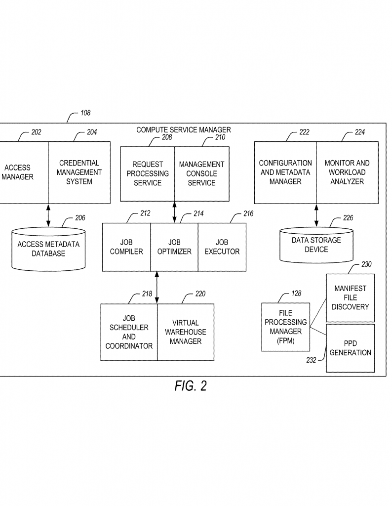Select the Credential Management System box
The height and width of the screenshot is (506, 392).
pyautogui.click(x=79, y=172)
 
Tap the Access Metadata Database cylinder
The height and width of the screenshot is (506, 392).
pyautogui.click(x=48, y=249)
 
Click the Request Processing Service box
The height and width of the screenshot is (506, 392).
pyautogui.click(x=148, y=173)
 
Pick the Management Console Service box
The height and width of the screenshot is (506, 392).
pyautogui.click(x=201, y=173)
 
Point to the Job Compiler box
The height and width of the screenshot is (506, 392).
pyautogui.click(x=126, y=247)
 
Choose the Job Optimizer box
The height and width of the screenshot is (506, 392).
pyautogui.click(x=174, y=247)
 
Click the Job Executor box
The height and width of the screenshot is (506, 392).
pyautogui.click(x=222, y=247)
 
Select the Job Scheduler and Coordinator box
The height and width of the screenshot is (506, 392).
pyautogui.click(x=129, y=332)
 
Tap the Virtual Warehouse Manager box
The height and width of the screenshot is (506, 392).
pyautogui.click(x=186, y=332)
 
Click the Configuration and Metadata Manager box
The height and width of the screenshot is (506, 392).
pyautogui.click(x=285, y=172)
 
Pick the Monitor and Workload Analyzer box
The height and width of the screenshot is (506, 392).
pyautogui.click(x=347, y=172)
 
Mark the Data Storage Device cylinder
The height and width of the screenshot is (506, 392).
pyautogui.click(x=316, y=245)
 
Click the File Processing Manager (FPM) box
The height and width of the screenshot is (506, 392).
pyautogui.click(x=285, y=327)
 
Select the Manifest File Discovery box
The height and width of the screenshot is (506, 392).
pyautogui.click(x=351, y=297)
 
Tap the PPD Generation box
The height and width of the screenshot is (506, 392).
pyautogui.click(x=351, y=348)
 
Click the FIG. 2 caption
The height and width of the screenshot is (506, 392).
pyautogui.click(x=191, y=386)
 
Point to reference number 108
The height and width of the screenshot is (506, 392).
pyautogui.click(x=85, y=113)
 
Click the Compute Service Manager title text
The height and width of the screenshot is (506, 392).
pyautogui.click(x=183, y=130)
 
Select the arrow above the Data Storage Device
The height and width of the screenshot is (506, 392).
pyautogui.click(x=316, y=215)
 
